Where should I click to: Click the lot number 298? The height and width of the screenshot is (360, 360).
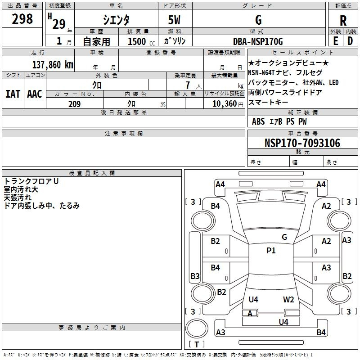click(x=22, y=19)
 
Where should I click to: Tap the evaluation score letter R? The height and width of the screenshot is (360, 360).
click(x=343, y=21)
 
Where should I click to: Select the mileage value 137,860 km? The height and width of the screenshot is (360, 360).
click(x=53, y=65)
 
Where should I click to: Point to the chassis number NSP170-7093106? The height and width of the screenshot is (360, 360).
click(x=302, y=143)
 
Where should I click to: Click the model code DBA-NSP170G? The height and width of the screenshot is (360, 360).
click(x=258, y=41)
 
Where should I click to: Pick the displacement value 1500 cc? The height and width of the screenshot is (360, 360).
click(x=141, y=42)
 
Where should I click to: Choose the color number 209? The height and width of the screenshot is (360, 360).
click(x=74, y=104)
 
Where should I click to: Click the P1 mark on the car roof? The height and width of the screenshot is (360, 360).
click(x=271, y=251)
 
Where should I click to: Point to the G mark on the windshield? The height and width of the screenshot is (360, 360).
click(x=284, y=237)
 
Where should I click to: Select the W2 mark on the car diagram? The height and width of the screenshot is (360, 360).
click(x=288, y=300)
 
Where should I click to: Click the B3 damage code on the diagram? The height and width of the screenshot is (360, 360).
click(x=195, y=276)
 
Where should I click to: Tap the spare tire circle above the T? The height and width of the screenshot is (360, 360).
click(x=197, y=328)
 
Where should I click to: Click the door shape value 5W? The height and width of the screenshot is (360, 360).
click(x=174, y=20)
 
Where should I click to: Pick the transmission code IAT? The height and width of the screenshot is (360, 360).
click(x=13, y=94)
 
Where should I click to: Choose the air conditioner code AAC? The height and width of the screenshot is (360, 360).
click(x=35, y=94)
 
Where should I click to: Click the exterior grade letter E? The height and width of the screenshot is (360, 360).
click(x=335, y=41)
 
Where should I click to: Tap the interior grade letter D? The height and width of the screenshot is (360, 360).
click(x=350, y=41)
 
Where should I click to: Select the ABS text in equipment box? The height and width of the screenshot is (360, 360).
click(x=258, y=121)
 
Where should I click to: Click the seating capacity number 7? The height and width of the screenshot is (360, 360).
click(x=188, y=85)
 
